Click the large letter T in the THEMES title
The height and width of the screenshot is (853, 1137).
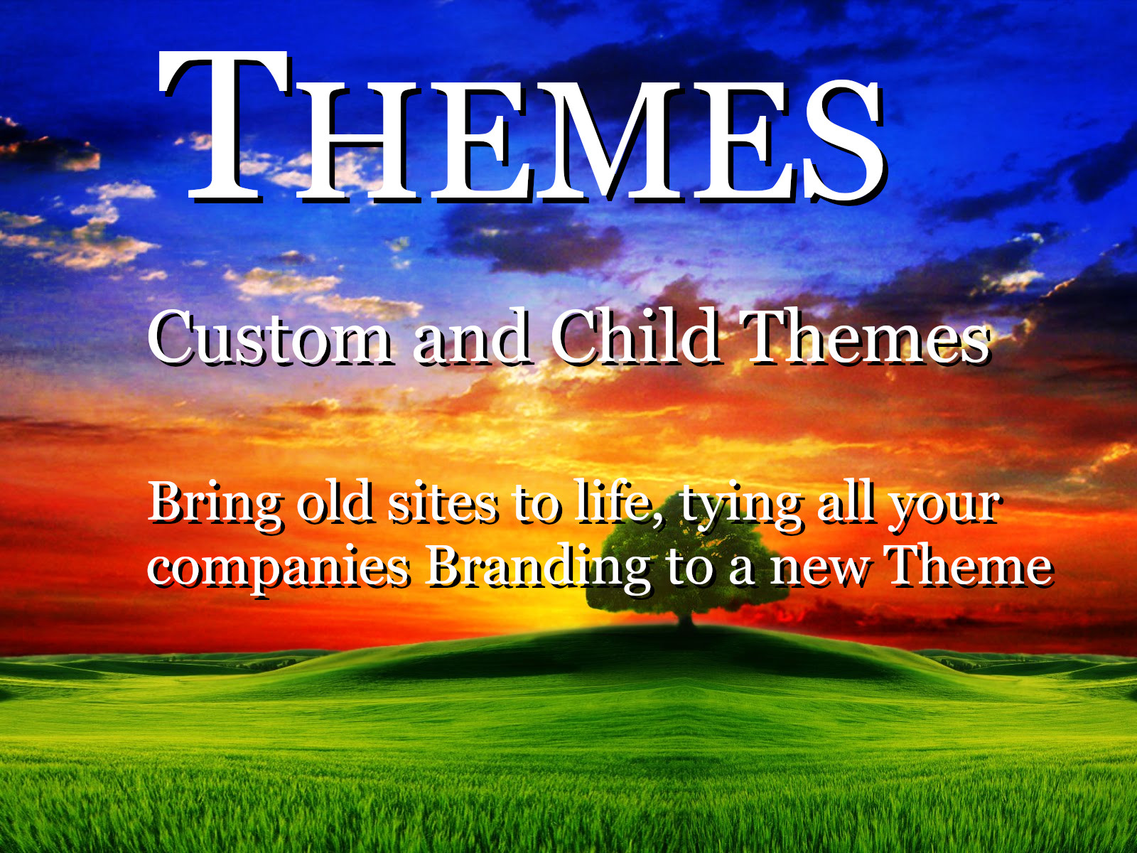click(x=225, y=127)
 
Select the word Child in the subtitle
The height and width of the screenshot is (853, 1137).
click(x=635, y=338)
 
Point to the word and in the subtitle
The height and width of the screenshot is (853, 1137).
click(x=472, y=339)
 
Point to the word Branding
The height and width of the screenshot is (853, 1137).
click(x=537, y=569)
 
